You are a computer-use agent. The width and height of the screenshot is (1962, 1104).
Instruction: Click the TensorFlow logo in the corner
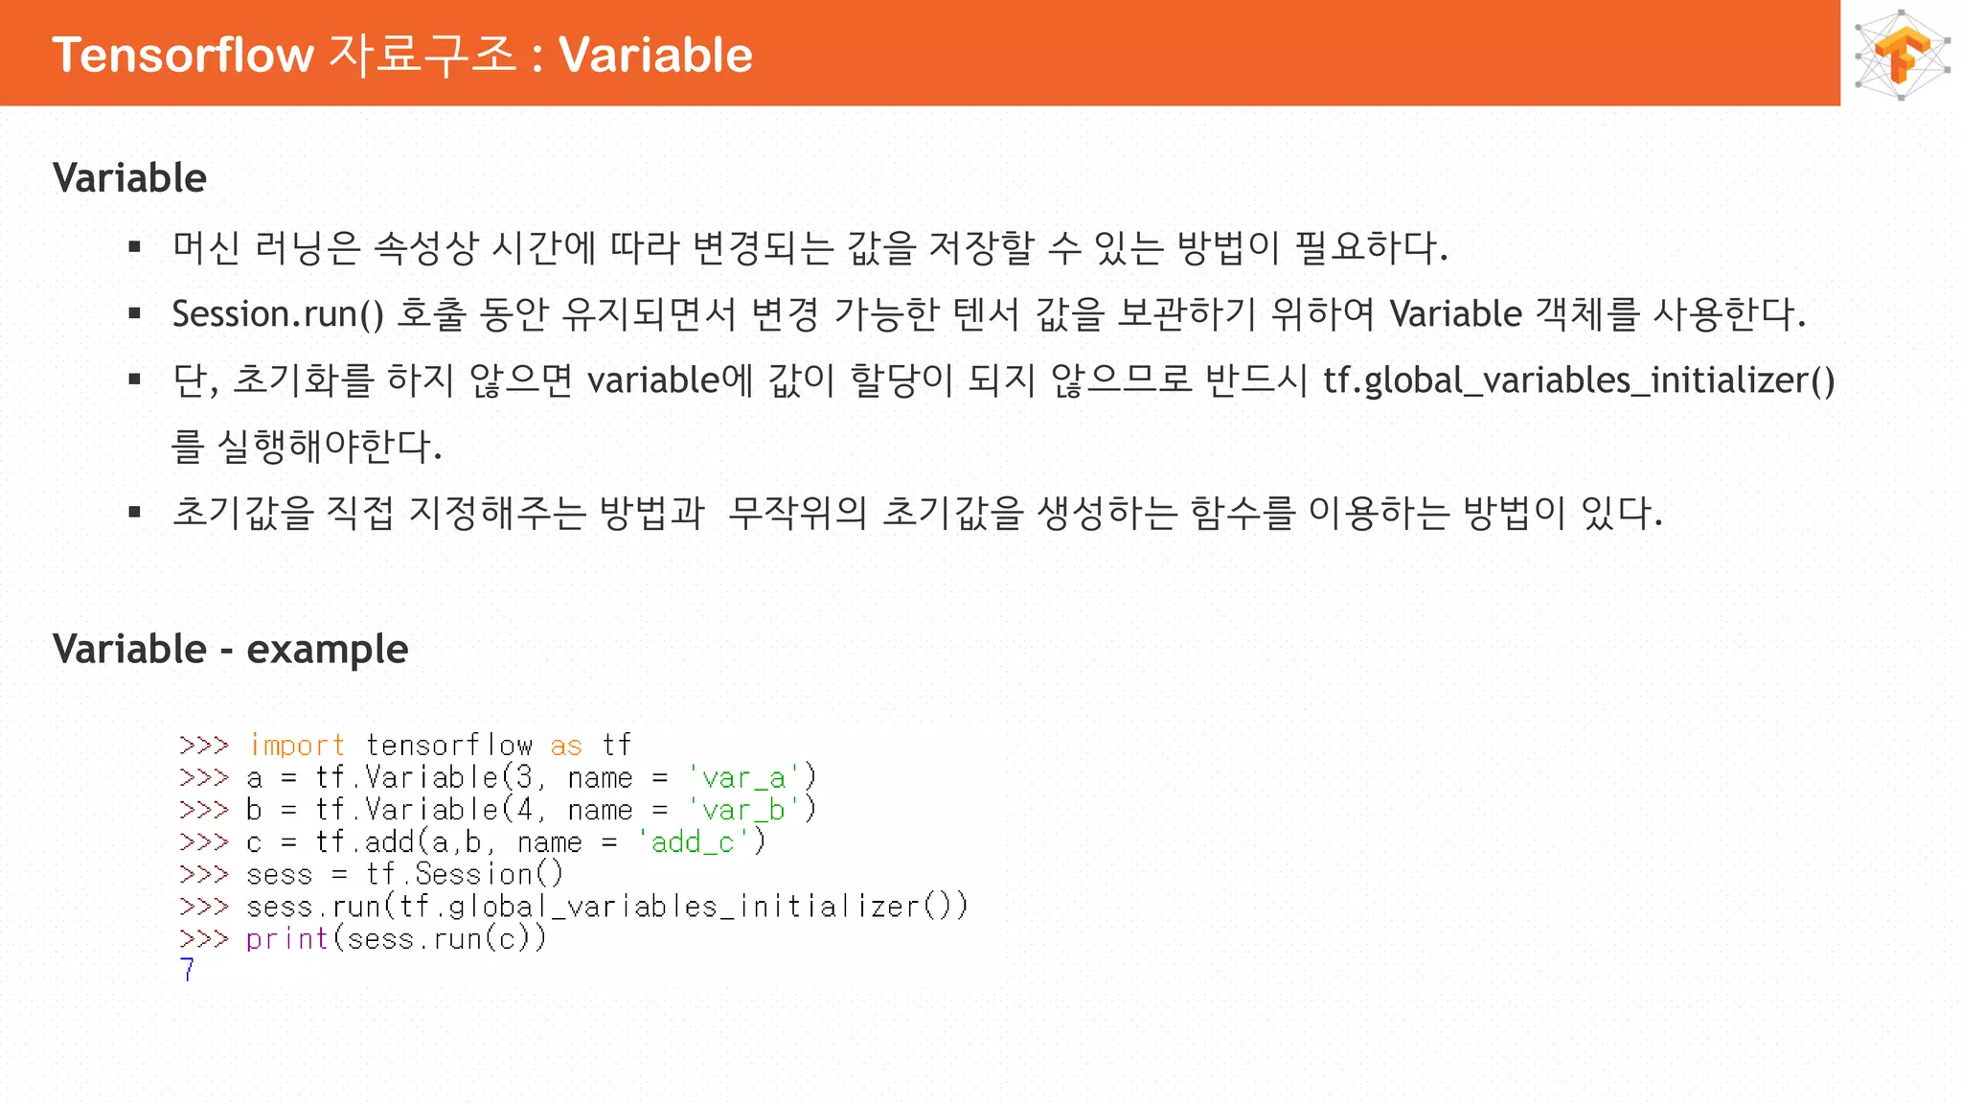coord(1902,54)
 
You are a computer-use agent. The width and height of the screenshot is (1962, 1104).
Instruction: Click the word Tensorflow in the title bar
coord(183,55)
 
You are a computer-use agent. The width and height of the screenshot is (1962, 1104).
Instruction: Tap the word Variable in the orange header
coord(655,55)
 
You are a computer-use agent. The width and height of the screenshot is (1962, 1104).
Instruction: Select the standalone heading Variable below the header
coord(129,178)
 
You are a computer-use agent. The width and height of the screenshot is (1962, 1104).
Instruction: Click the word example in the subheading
coord(327,650)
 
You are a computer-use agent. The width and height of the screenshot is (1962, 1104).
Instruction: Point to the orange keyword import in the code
coord(296,745)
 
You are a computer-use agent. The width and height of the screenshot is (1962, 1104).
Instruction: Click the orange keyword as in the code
coord(565,745)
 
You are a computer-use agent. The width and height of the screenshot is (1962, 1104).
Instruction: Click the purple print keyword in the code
coord(286,938)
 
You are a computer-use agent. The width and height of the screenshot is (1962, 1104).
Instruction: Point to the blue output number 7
coord(187,970)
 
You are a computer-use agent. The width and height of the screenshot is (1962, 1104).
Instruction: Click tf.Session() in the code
coord(465,874)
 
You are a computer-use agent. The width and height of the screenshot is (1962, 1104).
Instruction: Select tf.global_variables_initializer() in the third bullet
coord(1579,380)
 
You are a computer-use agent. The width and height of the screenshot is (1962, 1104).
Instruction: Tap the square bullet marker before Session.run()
coord(135,313)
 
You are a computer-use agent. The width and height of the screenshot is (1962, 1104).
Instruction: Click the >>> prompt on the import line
coord(203,745)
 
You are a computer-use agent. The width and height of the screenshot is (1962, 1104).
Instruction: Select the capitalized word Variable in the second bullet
coord(1455,314)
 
